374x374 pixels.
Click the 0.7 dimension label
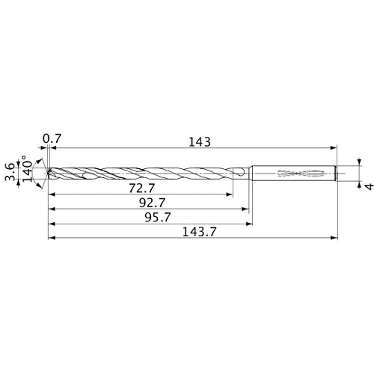(x=52, y=138)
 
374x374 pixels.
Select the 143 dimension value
(x=200, y=141)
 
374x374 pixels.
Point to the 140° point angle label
(x=27, y=172)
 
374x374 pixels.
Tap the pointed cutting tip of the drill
(x=48, y=174)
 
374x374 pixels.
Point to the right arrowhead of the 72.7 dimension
(x=229, y=194)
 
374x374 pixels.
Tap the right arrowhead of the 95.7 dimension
(x=248, y=224)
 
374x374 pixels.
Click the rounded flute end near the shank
(x=242, y=174)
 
